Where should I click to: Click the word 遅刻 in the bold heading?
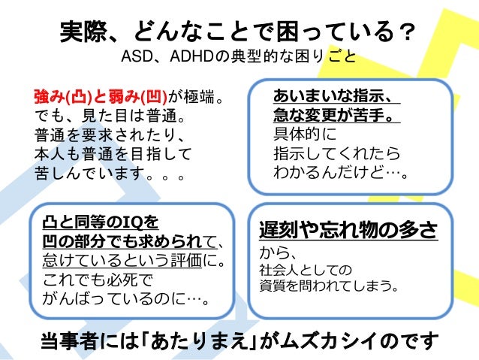coord(276,229)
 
